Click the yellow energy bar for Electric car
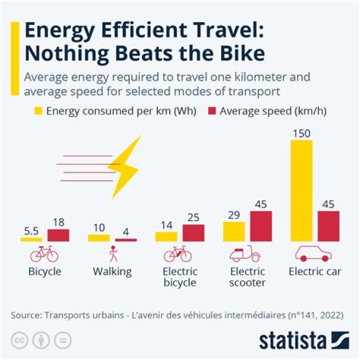click(x=301, y=190)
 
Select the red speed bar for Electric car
click(x=328, y=226)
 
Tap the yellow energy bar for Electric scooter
click(x=234, y=231)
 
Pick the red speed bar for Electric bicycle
click(x=193, y=233)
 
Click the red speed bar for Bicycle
click(x=58, y=235)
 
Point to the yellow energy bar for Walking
click(x=98, y=238)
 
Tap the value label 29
click(x=234, y=215)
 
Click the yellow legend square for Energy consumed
click(x=38, y=111)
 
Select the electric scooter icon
click(x=245, y=254)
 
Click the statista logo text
click(x=292, y=341)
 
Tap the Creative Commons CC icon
click(x=20, y=340)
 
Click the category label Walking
click(x=112, y=272)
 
